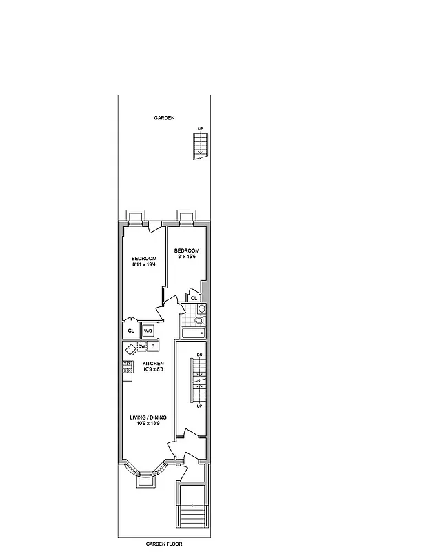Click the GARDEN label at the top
point(164,118)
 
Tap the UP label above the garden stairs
point(201,129)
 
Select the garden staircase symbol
point(201,146)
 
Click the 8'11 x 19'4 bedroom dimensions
point(144,264)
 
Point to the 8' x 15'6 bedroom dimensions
point(187,257)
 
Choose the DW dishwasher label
point(141,346)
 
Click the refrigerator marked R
point(153,346)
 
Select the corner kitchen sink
point(130,348)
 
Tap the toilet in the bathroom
point(199,321)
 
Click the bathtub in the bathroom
point(192,334)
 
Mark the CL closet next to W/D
point(131,331)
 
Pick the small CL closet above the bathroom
point(194,298)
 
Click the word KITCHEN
point(153,363)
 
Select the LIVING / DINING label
point(148,417)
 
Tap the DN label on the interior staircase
point(199,355)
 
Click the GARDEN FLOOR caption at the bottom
point(163,544)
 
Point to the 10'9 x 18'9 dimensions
point(148,424)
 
